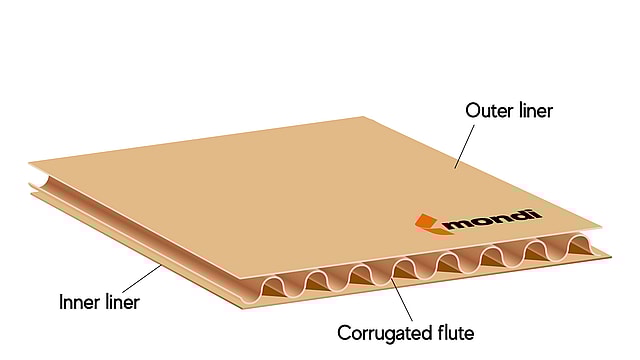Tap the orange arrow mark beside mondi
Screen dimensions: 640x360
tap(428, 222)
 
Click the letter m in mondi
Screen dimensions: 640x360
tap(458, 221)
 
